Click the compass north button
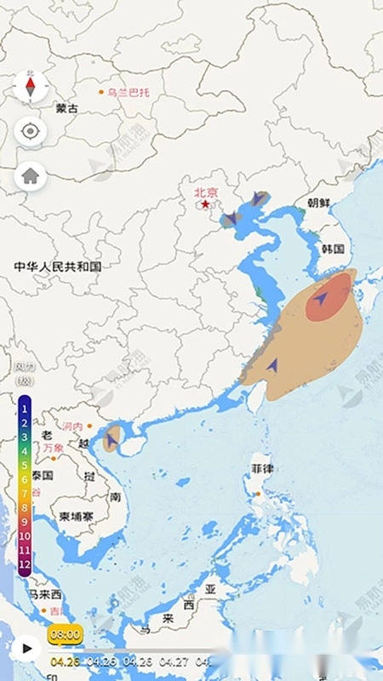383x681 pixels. pyautogui.click(x=31, y=86)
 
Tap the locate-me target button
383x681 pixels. pyautogui.click(x=31, y=131)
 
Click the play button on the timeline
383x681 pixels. pyautogui.click(x=26, y=648)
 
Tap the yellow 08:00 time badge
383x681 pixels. pyautogui.click(x=65, y=634)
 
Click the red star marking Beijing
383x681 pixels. pyautogui.click(x=204, y=204)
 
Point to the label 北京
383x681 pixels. pyautogui.click(x=206, y=192)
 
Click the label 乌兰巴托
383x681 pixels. pyautogui.click(x=129, y=92)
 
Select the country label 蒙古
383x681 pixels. pyautogui.click(x=66, y=109)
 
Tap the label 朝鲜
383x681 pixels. pyautogui.click(x=318, y=203)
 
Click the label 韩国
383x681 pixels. pyautogui.click(x=333, y=249)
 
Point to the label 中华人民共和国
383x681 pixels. pyautogui.click(x=58, y=266)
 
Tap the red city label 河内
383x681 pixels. pyautogui.click(x=73, y=426)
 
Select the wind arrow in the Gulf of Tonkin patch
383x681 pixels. pyautogui.click(x=111, y=440)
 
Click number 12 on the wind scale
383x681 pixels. pyautogui.click(x=25, y=563)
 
